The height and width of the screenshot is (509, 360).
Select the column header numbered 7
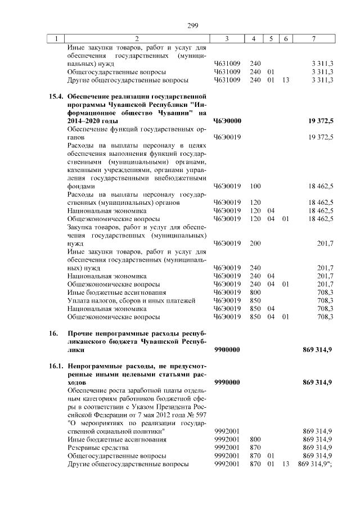(x=314, y=39)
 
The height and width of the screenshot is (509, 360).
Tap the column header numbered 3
(x=227, y=39)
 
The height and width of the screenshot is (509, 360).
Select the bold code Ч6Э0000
(x=227, y=121)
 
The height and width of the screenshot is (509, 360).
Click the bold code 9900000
(x=227, y=350)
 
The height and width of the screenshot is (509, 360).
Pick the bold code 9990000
(x=227, y=382)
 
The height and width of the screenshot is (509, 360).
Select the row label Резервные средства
(x=93, y=448)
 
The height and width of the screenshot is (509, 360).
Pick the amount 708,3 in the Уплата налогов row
(x=325, y=301)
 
